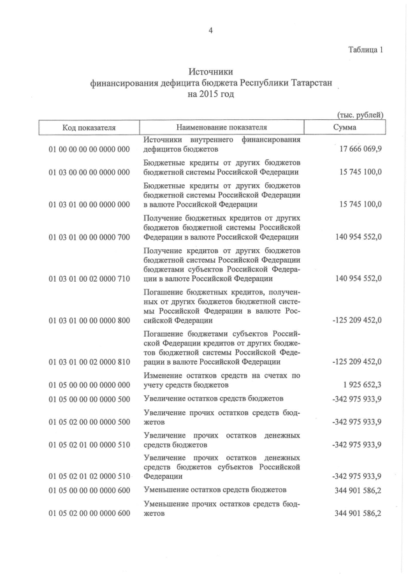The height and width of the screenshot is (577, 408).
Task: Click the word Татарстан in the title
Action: (x=310, y=84)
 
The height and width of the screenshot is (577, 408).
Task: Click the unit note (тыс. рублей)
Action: (x=359, y=115)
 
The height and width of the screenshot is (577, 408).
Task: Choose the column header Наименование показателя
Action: (x=222, y=128)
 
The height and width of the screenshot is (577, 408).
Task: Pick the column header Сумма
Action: (x=345, y=128)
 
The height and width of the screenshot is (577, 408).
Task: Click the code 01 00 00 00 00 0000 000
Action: (x=89, y=149)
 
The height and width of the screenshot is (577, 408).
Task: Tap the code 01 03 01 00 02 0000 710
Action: (x=89, y=279)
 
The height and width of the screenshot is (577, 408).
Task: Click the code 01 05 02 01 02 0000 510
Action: (x=89, y=476)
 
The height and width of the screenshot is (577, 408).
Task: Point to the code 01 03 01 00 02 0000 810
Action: (x=89, y=362)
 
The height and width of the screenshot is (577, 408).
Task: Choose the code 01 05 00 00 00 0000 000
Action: (x=89, y=385)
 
